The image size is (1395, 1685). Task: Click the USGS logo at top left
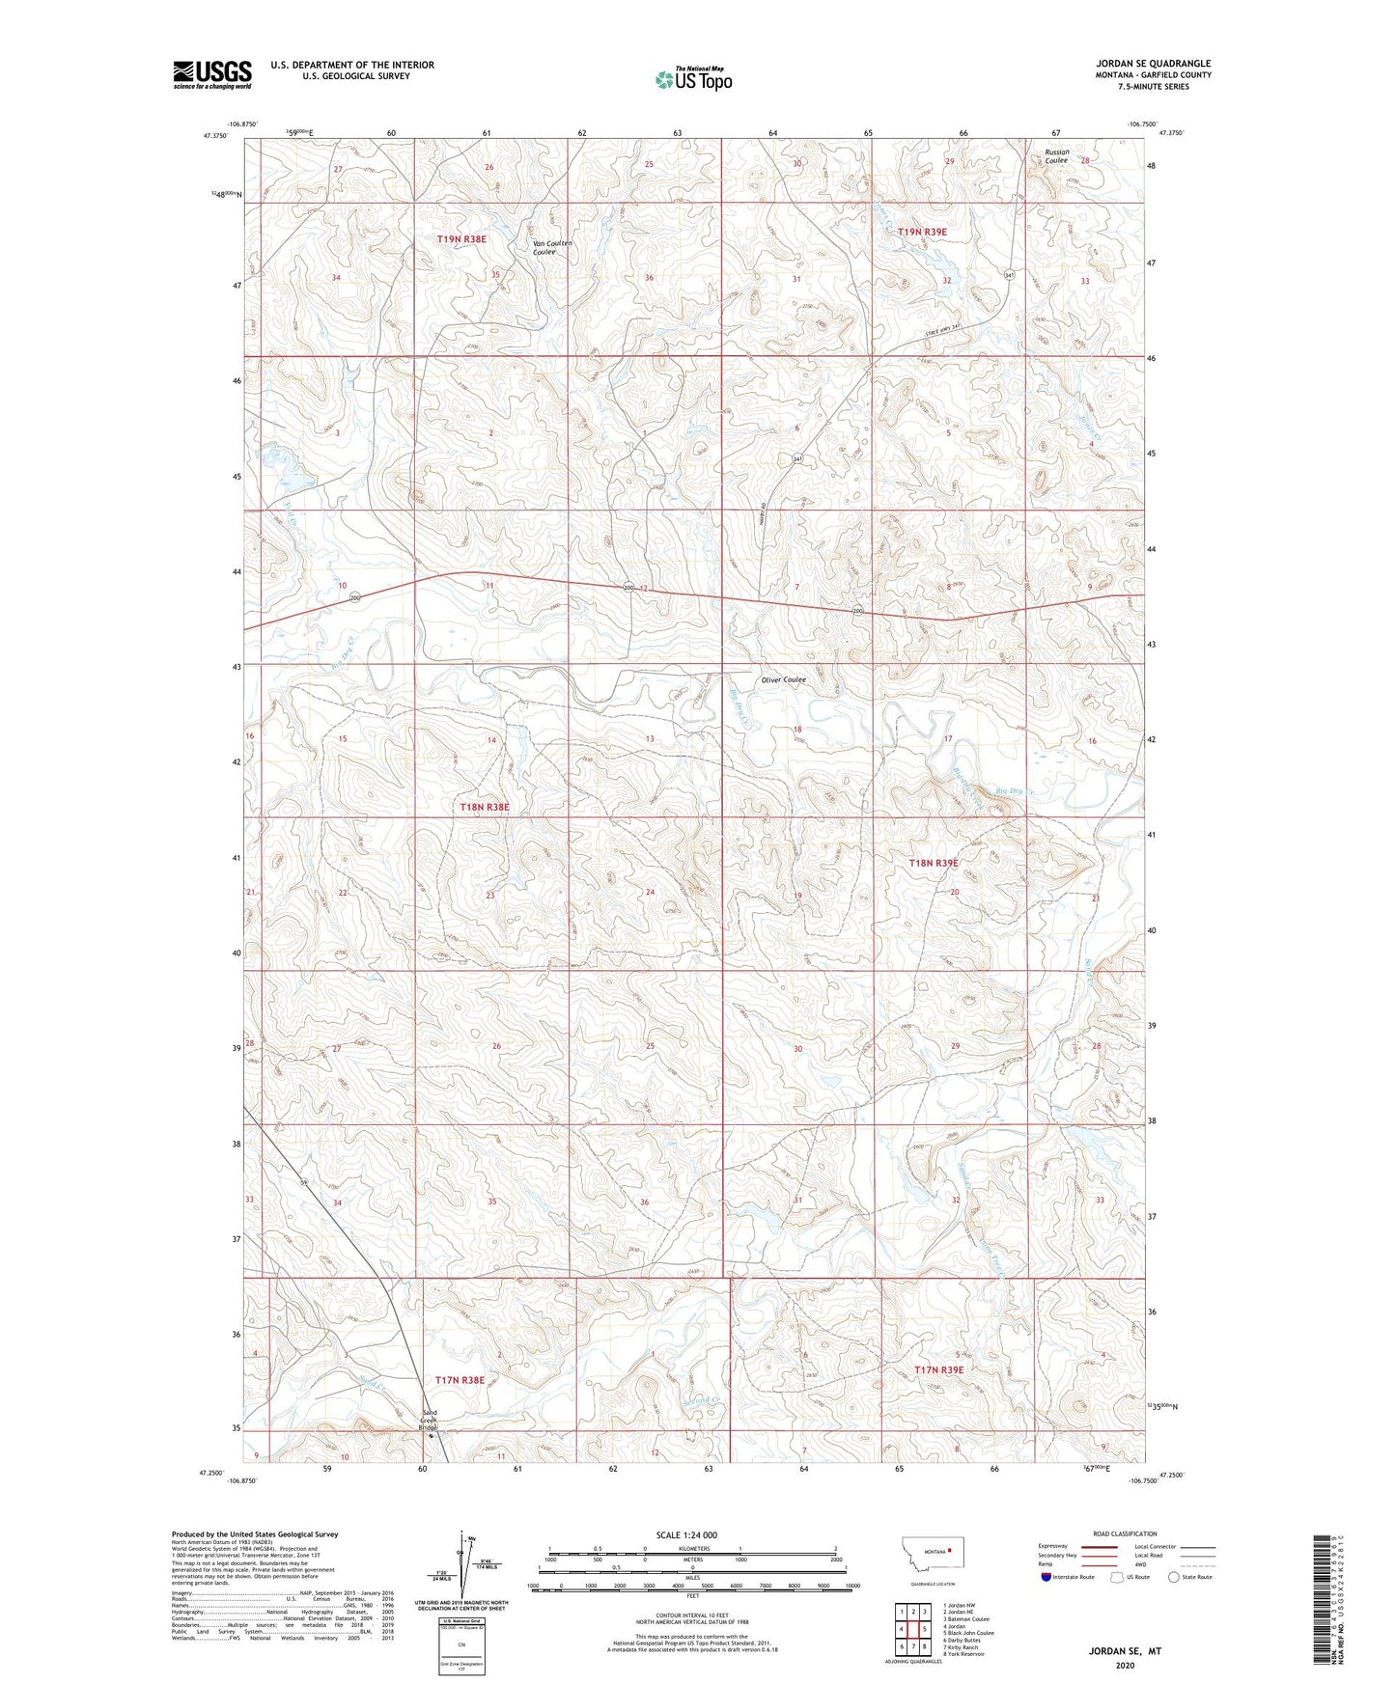(212, 74)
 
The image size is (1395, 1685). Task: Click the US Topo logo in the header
(692, 80)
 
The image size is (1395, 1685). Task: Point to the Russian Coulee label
(1056, 156)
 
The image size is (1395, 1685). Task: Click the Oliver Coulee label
(783, 679)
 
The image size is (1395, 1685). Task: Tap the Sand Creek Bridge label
(429, 1421)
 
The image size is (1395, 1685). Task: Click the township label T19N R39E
(922, 232)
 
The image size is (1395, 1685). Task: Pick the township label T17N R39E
(938, 1369)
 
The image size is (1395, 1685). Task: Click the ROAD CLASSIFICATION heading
(1125, 1533)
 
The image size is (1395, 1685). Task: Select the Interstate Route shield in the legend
(1047, 1577)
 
